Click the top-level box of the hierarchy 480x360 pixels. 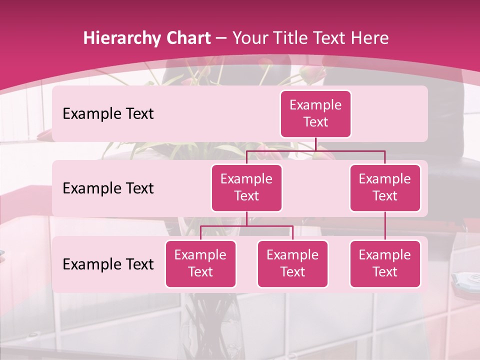315,113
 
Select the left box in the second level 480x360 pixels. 246,187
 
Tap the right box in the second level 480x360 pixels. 385,187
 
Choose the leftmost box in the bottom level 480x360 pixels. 200,263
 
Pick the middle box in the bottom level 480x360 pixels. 292,263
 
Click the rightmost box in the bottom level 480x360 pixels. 385,263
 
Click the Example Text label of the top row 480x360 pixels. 108,113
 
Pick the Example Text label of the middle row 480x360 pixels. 108,188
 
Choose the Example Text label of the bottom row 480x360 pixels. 108,264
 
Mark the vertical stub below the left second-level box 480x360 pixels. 246,219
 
